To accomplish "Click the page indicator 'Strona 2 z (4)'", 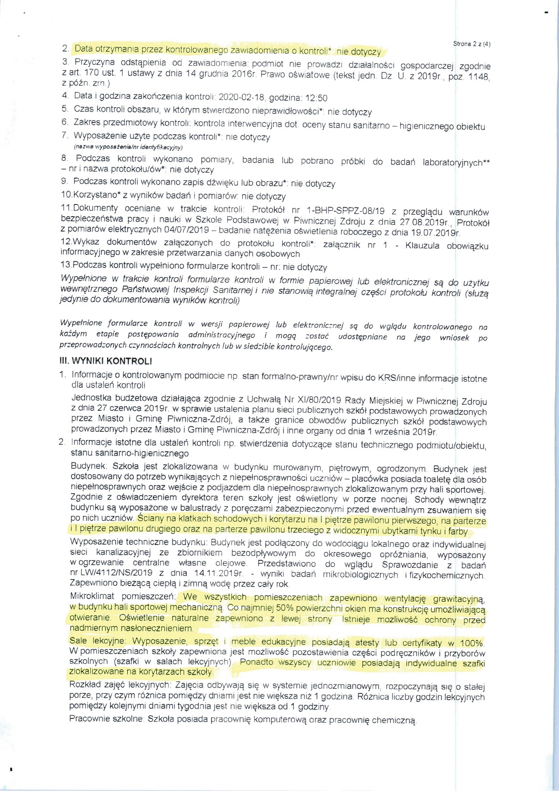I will (471, 44).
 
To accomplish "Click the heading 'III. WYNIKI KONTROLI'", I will (106, 361).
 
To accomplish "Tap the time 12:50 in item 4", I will (316, 98).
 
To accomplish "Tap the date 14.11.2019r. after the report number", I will (217, 573).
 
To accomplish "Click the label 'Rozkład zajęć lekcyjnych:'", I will (119, 686).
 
